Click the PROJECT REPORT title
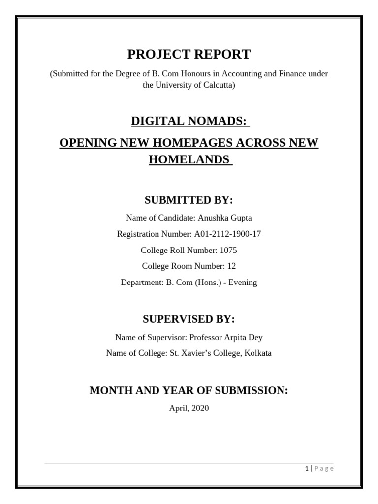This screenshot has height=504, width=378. click(x=189, y=54)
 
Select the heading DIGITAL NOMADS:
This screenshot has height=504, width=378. click(x=188, y=121)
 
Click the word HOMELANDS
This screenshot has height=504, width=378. click(x=189, y=159)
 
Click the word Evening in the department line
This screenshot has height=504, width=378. click(x=242, y=283)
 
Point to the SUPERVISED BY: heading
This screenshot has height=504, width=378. click(x=189, y=319)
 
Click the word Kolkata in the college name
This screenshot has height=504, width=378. click(x=256, y=353)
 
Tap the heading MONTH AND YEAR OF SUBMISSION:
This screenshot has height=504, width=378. click(x=189, y=390)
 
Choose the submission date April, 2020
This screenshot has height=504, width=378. click(x=189, y=408)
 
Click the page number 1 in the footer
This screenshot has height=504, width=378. click(x=306, y=468)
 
